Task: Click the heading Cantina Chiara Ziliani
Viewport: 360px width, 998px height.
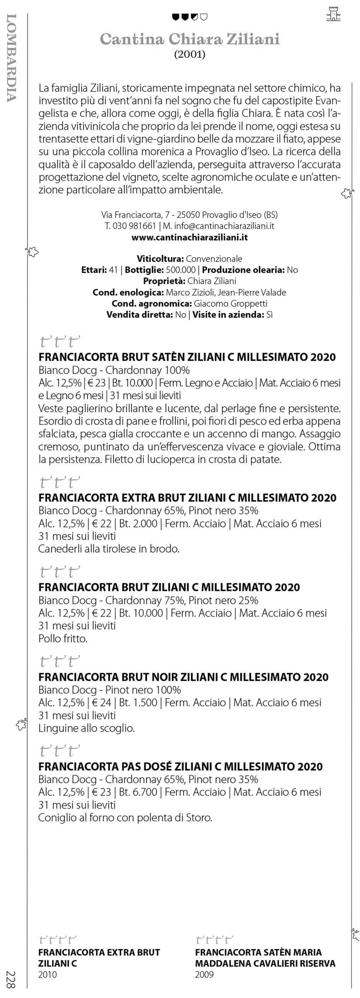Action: tap(189, 39)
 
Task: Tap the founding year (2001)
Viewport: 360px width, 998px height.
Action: tap(189, 54)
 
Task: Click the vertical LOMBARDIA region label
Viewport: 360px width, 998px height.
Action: tap(12, 58)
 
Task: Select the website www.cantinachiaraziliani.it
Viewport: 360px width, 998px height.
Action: tap(189, 237)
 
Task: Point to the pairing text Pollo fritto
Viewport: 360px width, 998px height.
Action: tap(63, 638)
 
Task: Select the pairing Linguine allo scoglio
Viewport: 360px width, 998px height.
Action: tap(86, 728)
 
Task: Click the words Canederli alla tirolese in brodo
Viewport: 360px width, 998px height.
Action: tap(109, 549)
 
